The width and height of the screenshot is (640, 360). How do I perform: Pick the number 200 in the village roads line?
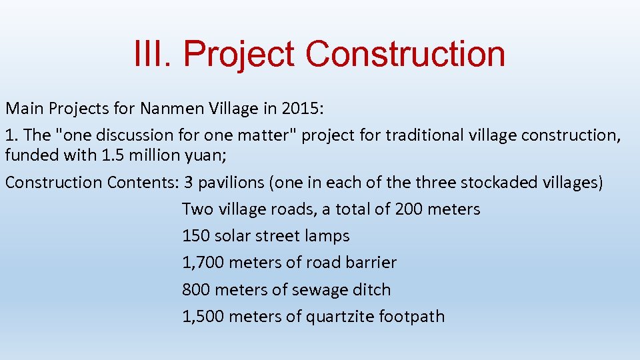point(409,209)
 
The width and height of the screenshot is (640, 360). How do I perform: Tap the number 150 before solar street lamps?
point(196,236)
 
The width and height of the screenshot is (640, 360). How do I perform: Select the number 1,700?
point(203,263)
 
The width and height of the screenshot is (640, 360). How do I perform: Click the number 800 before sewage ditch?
point(196,290)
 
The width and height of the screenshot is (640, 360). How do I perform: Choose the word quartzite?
point(339,317)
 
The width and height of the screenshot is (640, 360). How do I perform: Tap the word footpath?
point(411,317)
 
